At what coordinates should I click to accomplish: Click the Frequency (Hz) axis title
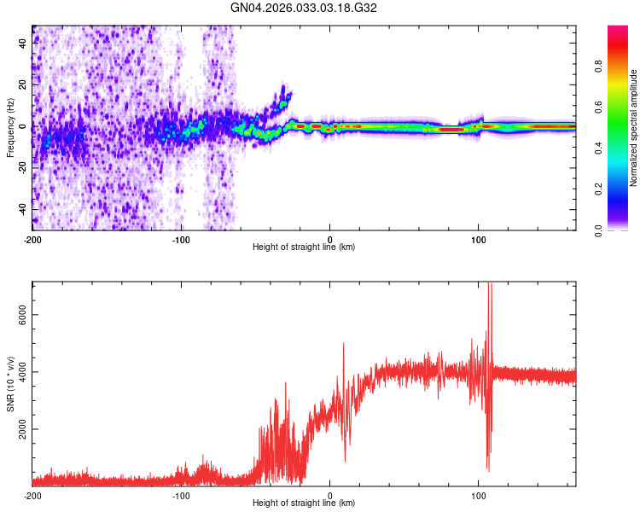(x=10, y=128)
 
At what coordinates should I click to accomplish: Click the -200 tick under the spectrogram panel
(x=32, y=239)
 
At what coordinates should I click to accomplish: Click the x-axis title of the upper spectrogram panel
(x=304, y=247)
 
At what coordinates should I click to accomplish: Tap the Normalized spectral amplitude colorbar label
(x=633, y=128)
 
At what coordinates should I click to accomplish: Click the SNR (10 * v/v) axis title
(x=10, y=384)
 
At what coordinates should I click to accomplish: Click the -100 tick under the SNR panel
(x=181, y=496)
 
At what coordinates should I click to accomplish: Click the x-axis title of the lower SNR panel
(x=304, y=504)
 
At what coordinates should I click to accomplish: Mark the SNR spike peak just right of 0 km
(x=344, y=344)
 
